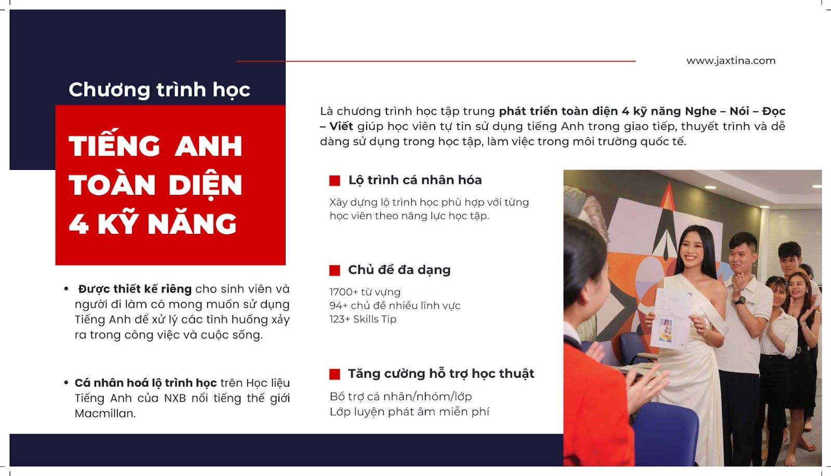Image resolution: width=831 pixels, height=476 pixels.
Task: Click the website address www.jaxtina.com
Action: tap(731, 61)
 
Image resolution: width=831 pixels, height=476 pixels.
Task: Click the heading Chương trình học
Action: tap(159, 90)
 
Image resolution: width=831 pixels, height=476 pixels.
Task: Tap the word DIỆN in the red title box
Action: tap(205, 186)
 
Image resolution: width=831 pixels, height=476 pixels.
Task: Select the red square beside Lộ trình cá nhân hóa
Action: tap(334, 180)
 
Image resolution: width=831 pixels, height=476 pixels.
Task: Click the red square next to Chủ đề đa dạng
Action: tap(334, 270)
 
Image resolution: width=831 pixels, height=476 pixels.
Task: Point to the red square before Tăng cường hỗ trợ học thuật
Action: tap(334, 374)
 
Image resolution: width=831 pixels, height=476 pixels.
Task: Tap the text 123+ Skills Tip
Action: tap(363, 319)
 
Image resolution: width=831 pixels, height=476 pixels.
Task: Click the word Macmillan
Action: tap(105, 414)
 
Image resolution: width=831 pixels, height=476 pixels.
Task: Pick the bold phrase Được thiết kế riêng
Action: tap(135, 289)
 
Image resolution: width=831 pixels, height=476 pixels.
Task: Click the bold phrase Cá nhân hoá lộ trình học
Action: tap(145, 383)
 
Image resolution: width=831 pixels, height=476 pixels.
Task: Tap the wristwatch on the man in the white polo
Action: tap(740, 300)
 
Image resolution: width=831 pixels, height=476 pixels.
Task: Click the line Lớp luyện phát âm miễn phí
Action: tap(409, 412)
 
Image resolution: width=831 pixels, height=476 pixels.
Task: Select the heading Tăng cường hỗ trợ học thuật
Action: tap(441, 374)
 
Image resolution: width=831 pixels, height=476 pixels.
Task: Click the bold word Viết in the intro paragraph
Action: tap(341, 126)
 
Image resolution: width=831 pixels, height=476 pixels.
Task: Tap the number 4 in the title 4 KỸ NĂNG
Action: tap(78, 224)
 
